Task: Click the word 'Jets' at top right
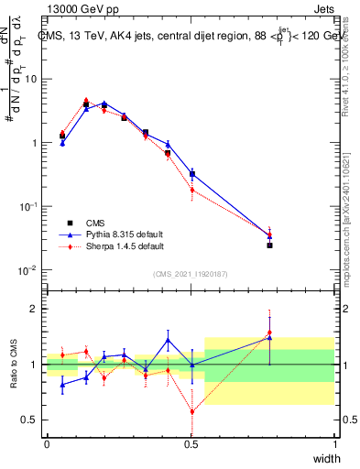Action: coord(322,10)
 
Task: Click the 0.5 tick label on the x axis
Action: coord(191,444)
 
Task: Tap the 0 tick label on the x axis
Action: coord(47,444)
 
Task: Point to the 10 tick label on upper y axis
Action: coord(30,79)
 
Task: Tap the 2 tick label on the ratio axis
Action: coord(35,309)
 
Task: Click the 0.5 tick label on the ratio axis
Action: coord(32,420)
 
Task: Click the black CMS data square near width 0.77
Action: coord(269,245)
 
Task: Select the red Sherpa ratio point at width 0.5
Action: coord(191,411)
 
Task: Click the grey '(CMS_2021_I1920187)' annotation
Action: coord(191,273)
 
